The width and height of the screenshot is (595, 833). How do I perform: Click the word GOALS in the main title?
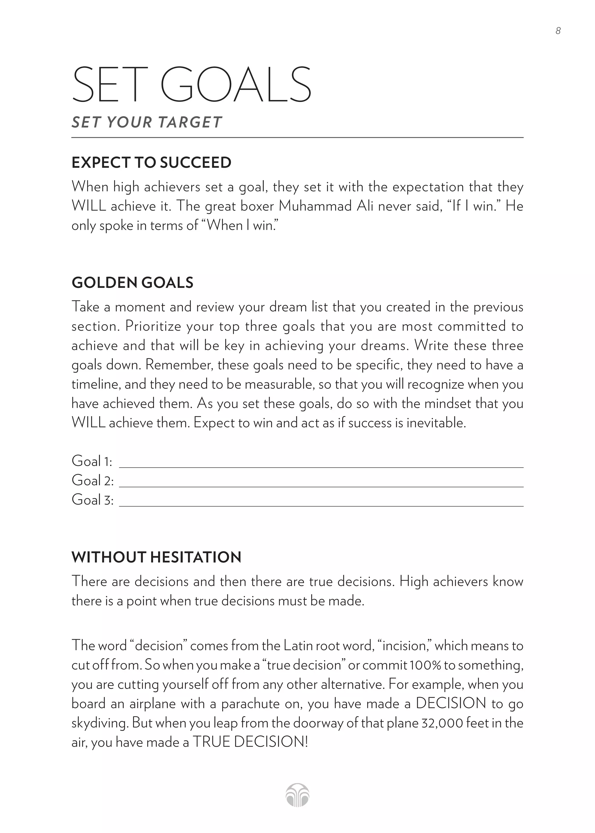tap(236, 85)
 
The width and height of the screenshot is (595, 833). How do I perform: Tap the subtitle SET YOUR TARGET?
tap(146, 122)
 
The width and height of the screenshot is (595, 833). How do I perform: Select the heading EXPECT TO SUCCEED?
tap(151, 162)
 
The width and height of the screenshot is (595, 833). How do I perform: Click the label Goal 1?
tap(92, 461)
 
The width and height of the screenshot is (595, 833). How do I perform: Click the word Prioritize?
tap(153, 326)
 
